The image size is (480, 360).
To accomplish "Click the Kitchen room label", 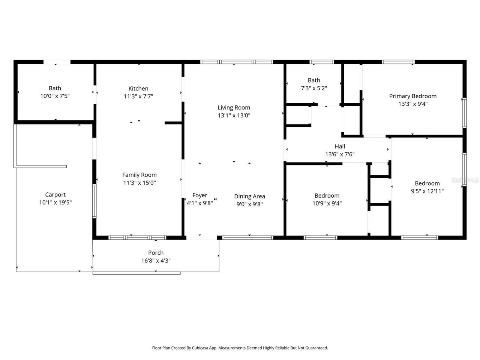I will click(138, 88).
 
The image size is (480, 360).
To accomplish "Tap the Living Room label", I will click(234, 108).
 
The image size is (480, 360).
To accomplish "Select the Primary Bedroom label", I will click(412, 96).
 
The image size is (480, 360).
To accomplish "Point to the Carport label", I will click(55, 195).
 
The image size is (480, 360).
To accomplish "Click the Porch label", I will click(156, 253).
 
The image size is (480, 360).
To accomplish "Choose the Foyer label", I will click(199, 195).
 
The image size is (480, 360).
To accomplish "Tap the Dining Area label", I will click(249, 196).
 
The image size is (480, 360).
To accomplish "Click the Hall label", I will click(340, 146).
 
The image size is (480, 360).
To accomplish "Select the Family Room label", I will click(139, 175).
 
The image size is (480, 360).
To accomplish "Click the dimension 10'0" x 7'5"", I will click(55, 96).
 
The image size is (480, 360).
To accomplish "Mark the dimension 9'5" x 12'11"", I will click(427, 191).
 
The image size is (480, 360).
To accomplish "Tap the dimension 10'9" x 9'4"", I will click(327, 203).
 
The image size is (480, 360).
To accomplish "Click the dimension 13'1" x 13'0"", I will click(234, 115).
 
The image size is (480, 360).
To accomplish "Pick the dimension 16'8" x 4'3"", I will click(156, 261).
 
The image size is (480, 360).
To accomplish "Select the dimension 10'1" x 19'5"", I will click(55, 202).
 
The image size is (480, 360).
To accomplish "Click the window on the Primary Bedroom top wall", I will click(398, 62).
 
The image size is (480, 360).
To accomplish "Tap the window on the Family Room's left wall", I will click(94, 201).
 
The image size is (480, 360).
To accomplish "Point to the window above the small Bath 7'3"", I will click(321, 62).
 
